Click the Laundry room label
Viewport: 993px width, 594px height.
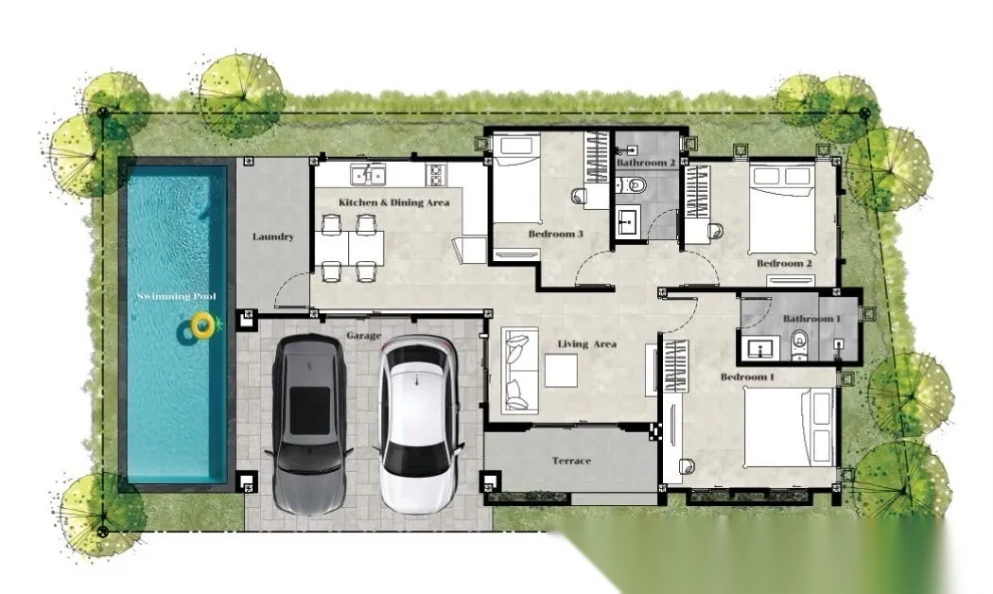pos(273,236)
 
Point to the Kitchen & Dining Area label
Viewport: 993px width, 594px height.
pos(394,202)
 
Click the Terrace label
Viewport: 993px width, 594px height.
pos(571,461)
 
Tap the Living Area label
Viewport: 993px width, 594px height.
pos(587,344)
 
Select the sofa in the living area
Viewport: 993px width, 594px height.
pos(520,370)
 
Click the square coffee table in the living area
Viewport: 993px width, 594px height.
pos(561,371)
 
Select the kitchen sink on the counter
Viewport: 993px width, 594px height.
pos(367,173)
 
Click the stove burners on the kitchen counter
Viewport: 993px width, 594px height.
pos(436,174)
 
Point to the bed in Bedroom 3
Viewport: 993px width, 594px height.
pos(516,179)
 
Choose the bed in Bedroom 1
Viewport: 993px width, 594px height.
pos(789,428)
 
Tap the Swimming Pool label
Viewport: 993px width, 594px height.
pos(177,296)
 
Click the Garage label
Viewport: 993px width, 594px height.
pos(364,336)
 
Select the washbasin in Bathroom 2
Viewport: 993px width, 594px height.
pos(628,220)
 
